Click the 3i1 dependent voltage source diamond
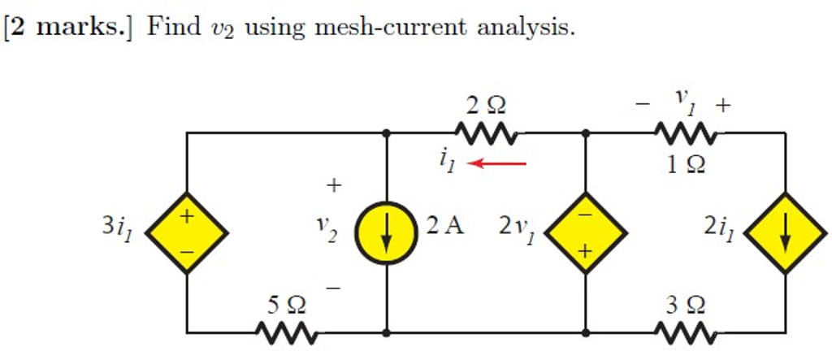coord(187,232)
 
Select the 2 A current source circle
coord(386,232)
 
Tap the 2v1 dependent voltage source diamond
coord(585,232)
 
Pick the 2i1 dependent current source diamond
coord(785,232)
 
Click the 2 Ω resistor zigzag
coord(485,132)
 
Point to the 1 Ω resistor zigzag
coord(685,132)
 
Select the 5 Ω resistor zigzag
coord(286,332)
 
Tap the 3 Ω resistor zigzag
coord(685,332)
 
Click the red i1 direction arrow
coord(498,163)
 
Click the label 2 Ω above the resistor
coord(485,105)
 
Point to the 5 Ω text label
coord(287,306)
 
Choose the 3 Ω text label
coord(686,306)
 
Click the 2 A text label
coord(444,225)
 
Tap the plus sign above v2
coord(333,186)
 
